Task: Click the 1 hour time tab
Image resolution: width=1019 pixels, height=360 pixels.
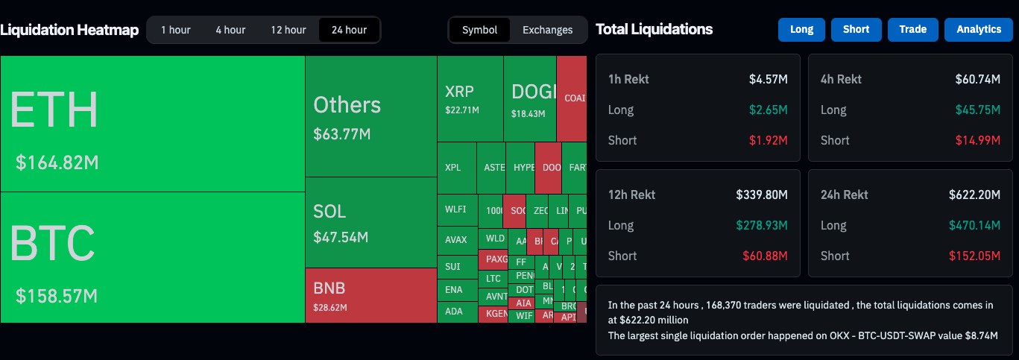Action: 176,30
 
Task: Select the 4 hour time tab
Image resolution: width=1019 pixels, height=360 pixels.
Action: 230,30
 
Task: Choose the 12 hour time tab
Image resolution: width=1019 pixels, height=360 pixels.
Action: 288,30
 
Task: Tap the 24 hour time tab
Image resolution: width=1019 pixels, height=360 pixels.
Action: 349,30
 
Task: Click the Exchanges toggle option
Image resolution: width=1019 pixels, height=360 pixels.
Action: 547,30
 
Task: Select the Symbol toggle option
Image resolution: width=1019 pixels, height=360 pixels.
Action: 479,30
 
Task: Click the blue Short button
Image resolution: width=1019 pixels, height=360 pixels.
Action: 856,29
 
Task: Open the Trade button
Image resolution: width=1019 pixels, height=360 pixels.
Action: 912,29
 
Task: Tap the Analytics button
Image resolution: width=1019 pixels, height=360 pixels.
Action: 979,29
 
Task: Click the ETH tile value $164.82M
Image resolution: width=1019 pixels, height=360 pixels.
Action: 57,162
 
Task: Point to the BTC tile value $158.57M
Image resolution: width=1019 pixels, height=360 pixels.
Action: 57,296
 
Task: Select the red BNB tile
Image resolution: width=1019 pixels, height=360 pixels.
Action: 370,295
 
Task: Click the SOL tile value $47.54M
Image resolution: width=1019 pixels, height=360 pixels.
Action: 341,238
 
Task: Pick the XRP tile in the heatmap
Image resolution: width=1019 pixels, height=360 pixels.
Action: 470,99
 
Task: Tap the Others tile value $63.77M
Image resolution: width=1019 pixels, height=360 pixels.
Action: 342,134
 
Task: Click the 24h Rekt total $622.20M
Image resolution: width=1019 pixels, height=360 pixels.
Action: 974,195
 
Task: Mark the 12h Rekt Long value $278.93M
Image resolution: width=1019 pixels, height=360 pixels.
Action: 762,225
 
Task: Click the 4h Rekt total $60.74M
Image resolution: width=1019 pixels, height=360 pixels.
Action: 977,79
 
